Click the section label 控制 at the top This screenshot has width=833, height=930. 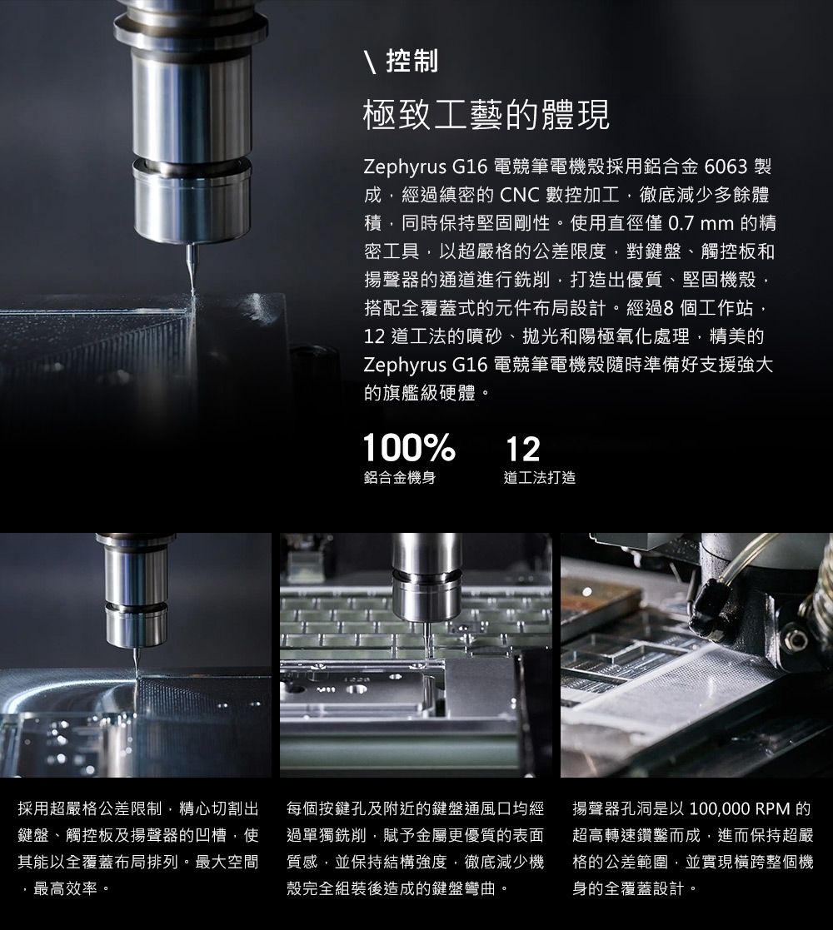(412, 61)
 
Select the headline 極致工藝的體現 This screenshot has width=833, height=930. (486, 115)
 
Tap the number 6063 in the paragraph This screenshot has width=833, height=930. (726, 167)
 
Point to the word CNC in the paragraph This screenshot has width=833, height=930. (519, 195)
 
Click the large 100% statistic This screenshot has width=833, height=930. (409, 448)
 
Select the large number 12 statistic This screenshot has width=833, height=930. (522, 449)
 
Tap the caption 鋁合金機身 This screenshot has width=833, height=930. (399, 477)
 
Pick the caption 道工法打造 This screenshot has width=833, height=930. (539, 477)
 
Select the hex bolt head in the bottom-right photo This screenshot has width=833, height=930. (795, 639)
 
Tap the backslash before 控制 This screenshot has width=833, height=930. (371, 62)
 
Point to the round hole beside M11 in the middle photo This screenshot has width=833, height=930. (356, 689)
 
